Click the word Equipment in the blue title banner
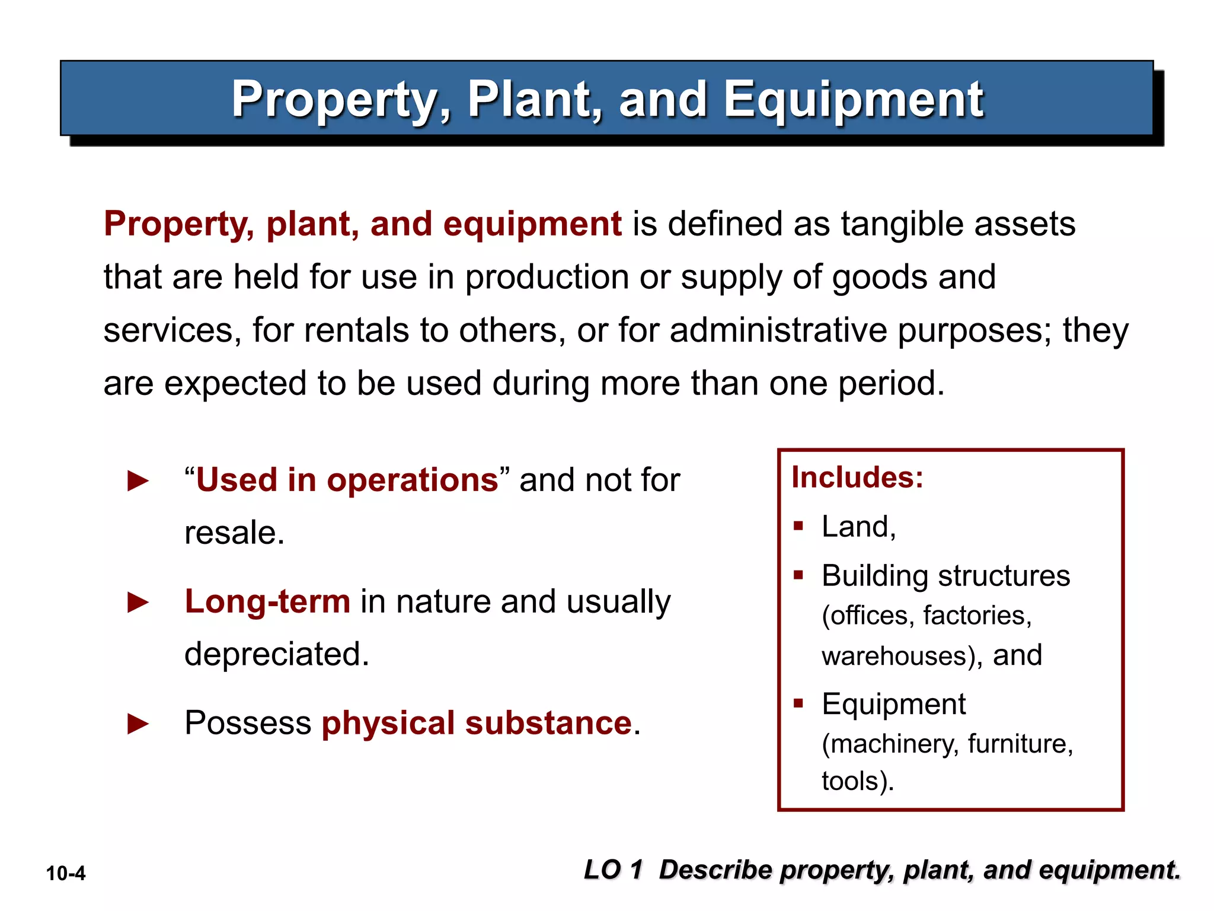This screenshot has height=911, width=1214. [854, 100]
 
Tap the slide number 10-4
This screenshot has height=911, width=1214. [66, 874]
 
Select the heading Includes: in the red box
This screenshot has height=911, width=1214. [857, 477]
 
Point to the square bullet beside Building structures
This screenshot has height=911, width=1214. [798, 575]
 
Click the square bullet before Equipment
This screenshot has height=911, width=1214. [798, 703]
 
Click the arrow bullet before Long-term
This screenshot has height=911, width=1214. [138, 603]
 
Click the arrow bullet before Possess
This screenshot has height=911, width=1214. [138, 724]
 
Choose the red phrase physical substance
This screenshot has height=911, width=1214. [477, 724]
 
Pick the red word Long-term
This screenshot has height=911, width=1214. [267, 601]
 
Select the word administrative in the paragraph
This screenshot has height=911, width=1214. [778, 330]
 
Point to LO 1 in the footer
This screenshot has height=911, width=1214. [613, 870]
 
